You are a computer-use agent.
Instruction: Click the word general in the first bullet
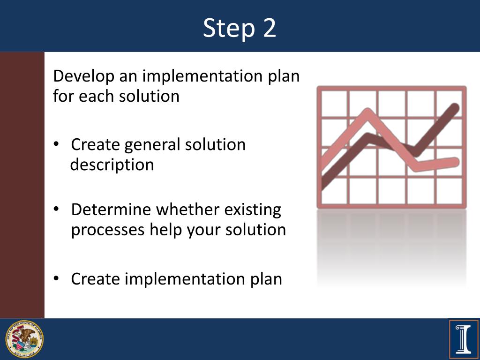[x=152, y=145]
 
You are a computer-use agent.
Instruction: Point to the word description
[x=112, y=165]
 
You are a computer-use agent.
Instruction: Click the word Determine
[x=112, y=209]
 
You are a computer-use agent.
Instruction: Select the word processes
[x=108, y=230]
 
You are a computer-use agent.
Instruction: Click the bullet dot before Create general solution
[x=56, y=145]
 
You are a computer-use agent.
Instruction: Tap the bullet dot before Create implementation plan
[x=56, y=279]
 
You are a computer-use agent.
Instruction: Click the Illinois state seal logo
[x=24, y=339]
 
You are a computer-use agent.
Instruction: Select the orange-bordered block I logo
[x=464, y=339]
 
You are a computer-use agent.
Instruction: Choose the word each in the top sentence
[x=96, y=97]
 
